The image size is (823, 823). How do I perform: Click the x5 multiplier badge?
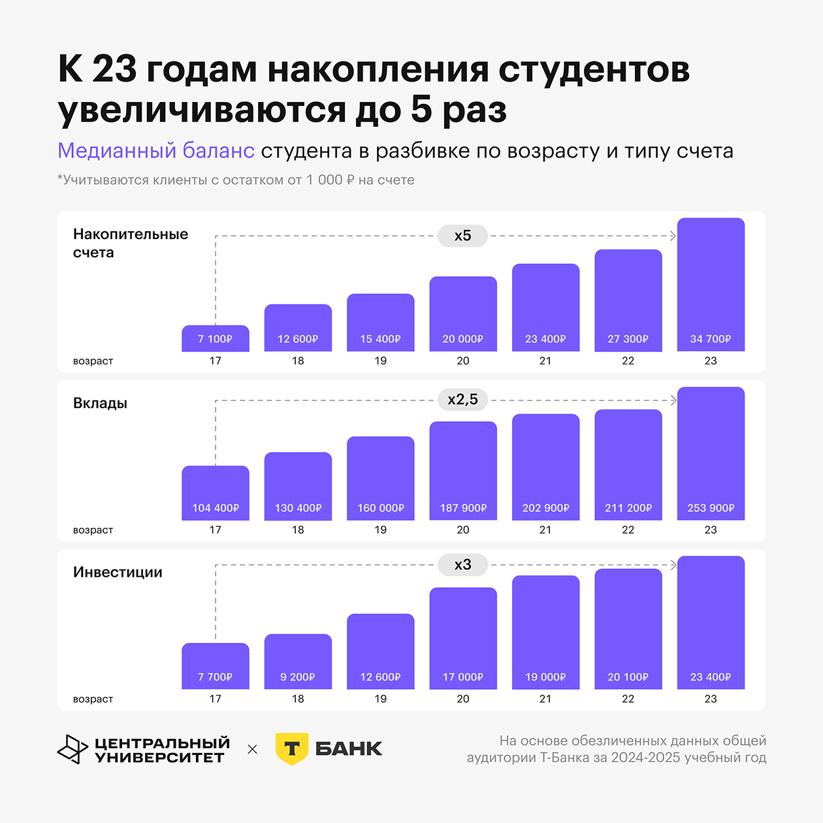point(462,236)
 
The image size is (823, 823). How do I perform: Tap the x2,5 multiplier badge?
point(462,400)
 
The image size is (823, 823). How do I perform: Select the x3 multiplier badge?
point(462,564)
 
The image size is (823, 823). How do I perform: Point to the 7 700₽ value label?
point(215,677)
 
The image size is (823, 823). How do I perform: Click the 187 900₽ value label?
point(463,508)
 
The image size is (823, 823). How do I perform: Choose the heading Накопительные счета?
point(130,243)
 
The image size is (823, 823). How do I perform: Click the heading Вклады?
point(100,403)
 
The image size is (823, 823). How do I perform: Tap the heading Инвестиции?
point(118,572)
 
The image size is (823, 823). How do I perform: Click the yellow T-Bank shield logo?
point(291,749)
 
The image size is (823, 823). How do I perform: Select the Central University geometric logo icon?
point(72,749)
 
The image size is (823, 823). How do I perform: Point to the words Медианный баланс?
point(155,151)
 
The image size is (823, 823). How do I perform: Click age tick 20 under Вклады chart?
point(463,530)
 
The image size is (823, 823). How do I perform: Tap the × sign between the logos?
point(253,749)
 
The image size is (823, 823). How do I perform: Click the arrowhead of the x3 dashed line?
point(673,564)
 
